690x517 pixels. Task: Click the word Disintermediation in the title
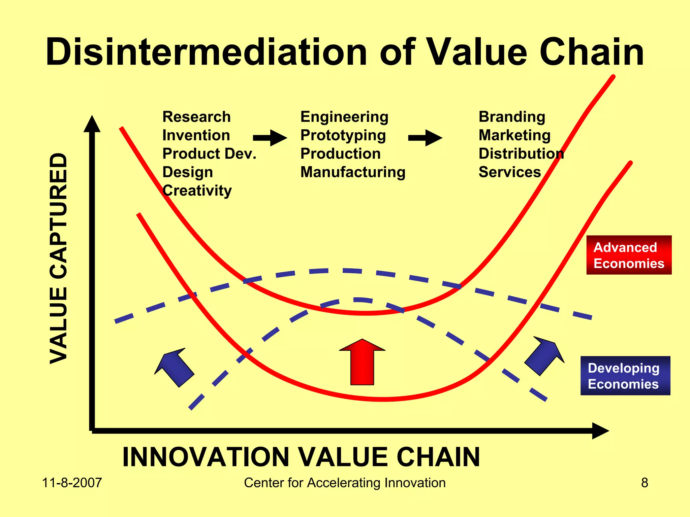pos(206,52)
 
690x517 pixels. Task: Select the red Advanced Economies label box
pos(629,255)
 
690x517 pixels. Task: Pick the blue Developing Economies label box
pos(625,376)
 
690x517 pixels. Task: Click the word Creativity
pos(197,191)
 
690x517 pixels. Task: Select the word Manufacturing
pos(353,172)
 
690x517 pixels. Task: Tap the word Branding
pos(512,117)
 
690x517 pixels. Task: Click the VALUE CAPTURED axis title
pos(58,258)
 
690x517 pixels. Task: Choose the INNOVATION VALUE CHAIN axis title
pos(301,457)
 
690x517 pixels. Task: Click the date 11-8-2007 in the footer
pos(72,483)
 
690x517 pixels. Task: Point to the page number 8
pos(644,483)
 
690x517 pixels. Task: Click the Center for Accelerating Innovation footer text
pos(345,483)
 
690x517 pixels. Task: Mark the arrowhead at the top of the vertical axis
pos(92,125)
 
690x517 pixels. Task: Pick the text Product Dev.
pos(209,154)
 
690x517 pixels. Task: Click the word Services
pos(509,172)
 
